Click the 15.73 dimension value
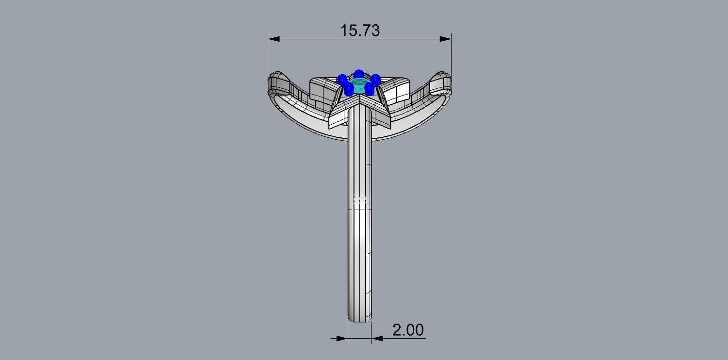(x=360, y=30)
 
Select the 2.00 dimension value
(x=407, y=330)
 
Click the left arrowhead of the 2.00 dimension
(x=342, y=338)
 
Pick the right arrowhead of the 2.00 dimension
(x=377, y=338)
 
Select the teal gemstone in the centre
(x=359, y=87)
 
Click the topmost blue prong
(x=358, y=74)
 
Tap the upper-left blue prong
(x=342, y=78)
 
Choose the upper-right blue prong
(x=375, y=78)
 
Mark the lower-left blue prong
(x=348, y=88)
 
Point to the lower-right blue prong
(x=370, y=88)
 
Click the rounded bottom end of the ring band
(x=359, y=318)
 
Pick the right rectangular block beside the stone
(x=398, y=91)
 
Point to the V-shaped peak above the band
(x=359, y=99)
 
